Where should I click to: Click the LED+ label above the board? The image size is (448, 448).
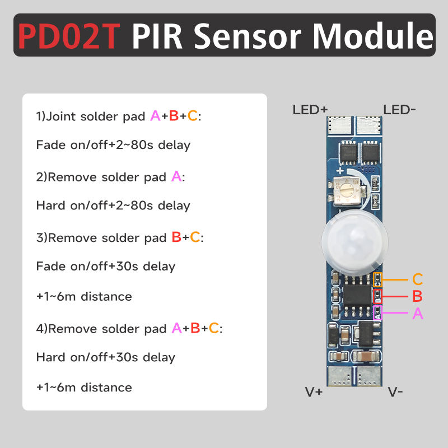[x=310, y=109]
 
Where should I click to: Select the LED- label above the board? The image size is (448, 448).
[x=399, y=109]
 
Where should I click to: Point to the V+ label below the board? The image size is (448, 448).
[x=314, y=392]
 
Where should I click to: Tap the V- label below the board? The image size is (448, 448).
[x=395, y=392]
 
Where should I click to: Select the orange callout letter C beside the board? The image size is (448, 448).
[x=417, y=279]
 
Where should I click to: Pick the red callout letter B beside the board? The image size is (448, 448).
[x=417, y=296]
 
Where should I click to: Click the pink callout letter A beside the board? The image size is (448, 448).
[x=417, y=314]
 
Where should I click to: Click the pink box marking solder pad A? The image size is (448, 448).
[x=377, y=312]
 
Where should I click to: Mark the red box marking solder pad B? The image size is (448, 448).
[x=377, y=296]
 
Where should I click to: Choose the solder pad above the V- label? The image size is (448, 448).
[x=370, y=377]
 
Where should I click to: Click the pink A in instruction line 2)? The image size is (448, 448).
[x=176, y=177]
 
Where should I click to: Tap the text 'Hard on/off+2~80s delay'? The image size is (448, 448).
[x=113, y=206]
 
